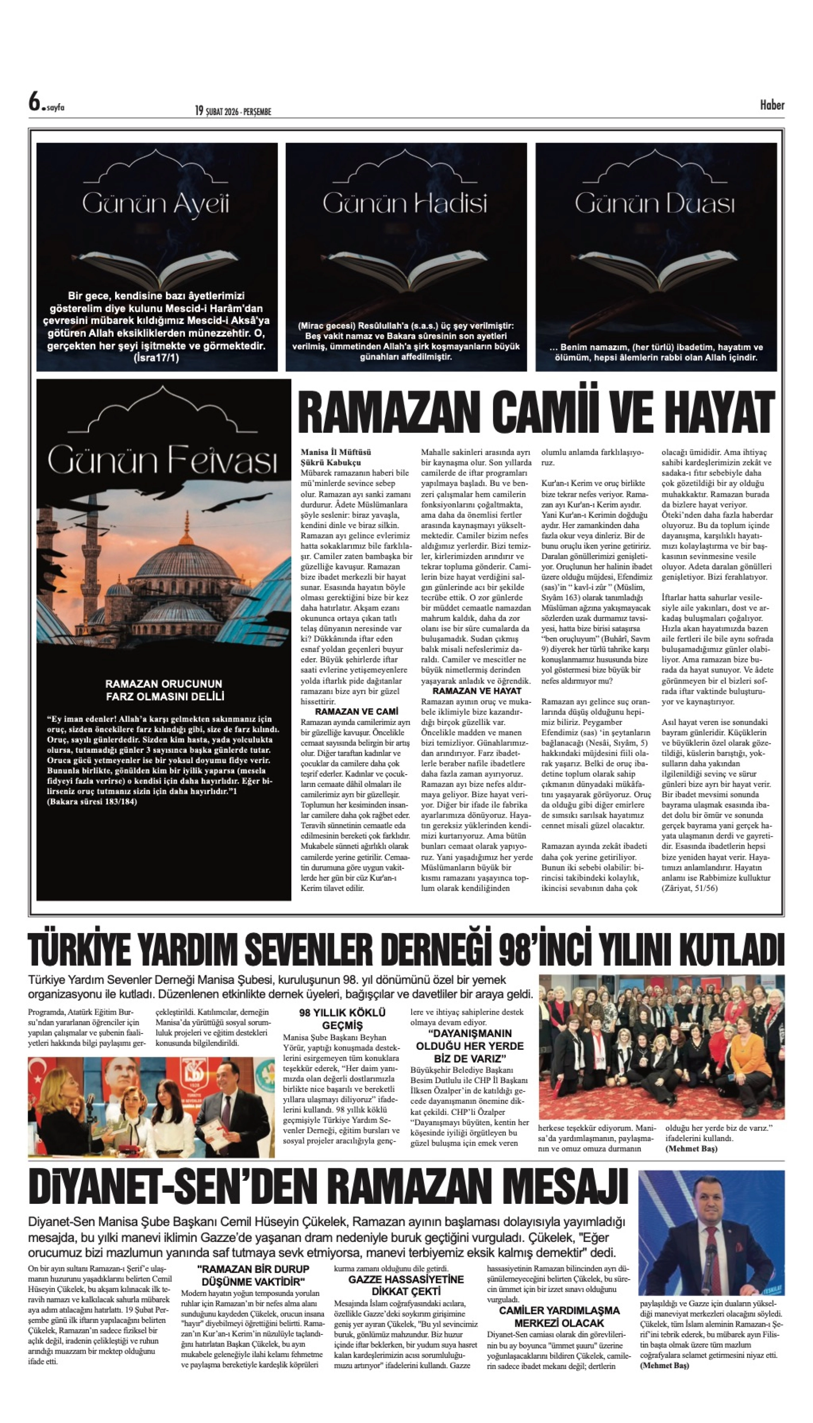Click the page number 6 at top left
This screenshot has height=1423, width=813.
click(35, 103)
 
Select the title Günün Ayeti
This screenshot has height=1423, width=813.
click(156, 204)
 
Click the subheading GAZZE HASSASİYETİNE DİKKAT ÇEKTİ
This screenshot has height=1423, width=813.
click(406, 1285)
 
